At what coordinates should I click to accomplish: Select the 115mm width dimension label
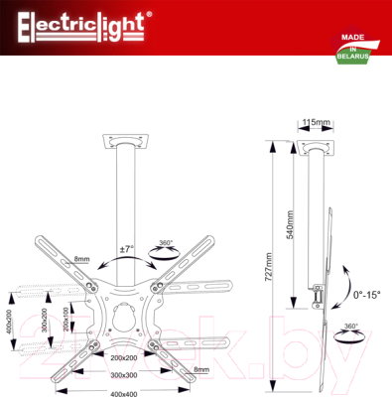coord(316,122)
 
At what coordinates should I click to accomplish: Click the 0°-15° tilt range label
coord(366,295)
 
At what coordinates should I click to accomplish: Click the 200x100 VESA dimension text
coord(66,320)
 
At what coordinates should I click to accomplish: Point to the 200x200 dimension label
coord(124,357)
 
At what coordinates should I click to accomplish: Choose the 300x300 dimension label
coord(124,375)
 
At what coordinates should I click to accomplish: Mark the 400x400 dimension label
coord(124,392)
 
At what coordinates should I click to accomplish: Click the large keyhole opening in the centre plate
coord(124,321)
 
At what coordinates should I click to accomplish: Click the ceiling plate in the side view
coord(315,146)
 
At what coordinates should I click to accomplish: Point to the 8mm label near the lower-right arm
coord(201,369)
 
